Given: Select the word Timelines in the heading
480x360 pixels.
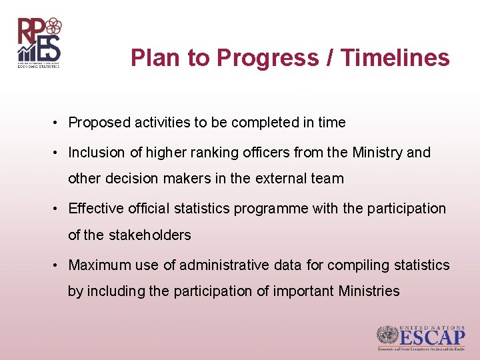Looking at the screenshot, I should (x=395, y=58).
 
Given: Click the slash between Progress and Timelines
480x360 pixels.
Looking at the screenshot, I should (x=331, y=58).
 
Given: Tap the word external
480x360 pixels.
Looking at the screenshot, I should (x=281, y=179).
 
